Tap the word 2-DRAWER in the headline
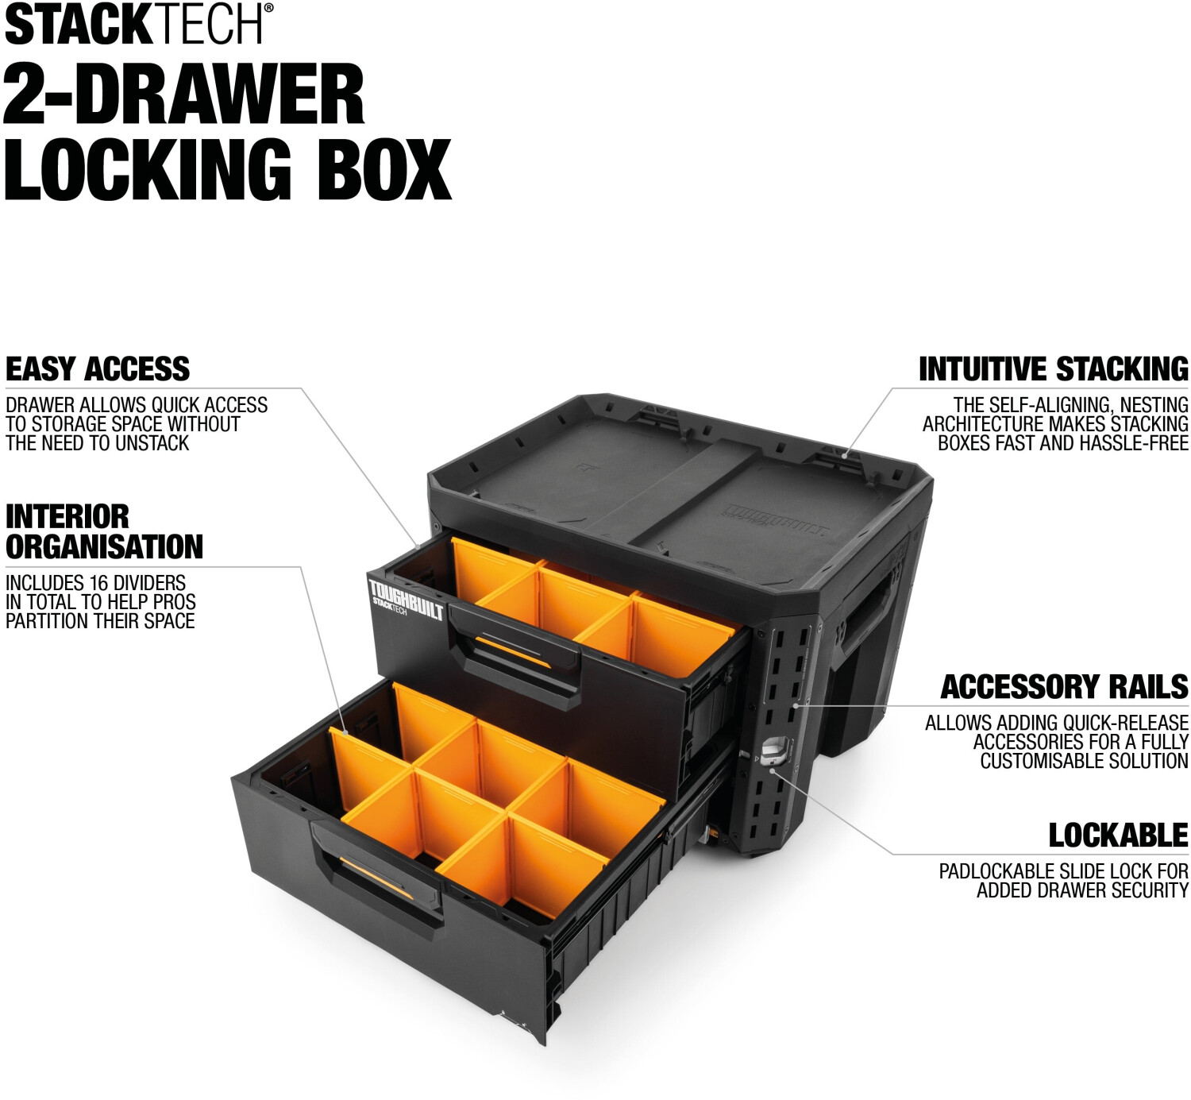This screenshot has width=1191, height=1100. click(184, 95)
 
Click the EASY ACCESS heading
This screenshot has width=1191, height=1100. click(98, 369)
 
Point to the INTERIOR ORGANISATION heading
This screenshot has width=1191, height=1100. click(104, 532)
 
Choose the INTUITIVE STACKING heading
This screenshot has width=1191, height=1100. click(1053, 369)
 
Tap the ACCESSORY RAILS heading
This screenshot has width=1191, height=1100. click(1064, 687)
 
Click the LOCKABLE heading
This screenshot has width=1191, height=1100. click(1118, 836)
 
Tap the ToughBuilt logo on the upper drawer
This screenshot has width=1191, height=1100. click(405, 600)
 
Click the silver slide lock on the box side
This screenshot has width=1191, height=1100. click(775, 751)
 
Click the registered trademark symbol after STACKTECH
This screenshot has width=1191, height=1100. click(268, 8)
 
